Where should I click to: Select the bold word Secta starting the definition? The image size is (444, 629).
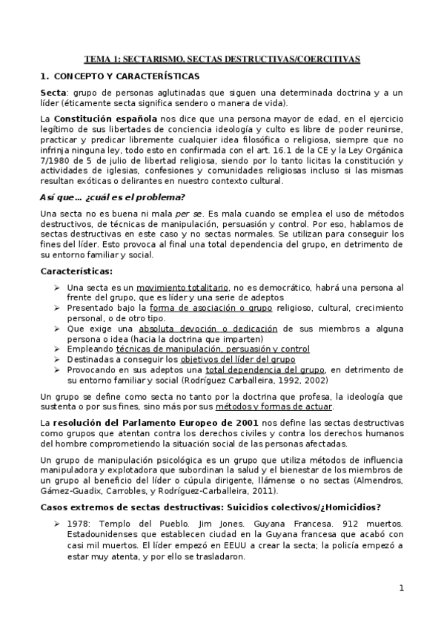pyautogui.click(x=53, y=92)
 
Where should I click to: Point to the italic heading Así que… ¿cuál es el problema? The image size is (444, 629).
pyautogui.click(x=111, y=197)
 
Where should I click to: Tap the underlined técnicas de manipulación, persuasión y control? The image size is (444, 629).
pyautogui.click(x=213, y=348)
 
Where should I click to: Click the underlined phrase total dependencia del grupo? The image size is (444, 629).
pyautogui.click(x=265, y=369)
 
